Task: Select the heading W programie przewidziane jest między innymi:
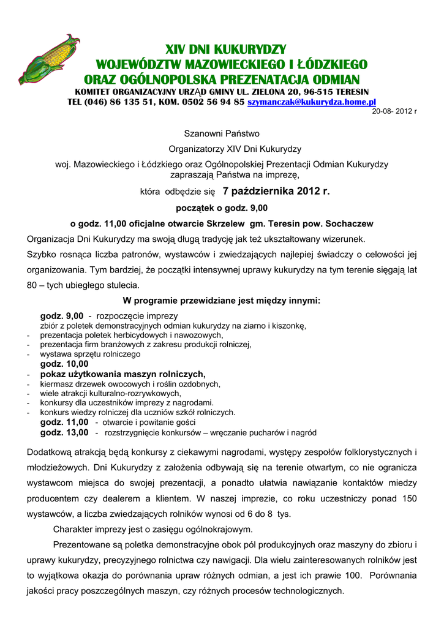[x=222, y=301]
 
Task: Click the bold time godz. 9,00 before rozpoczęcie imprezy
[x=61, y=316]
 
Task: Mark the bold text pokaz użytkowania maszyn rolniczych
[x=122, y=374]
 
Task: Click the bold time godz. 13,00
[x=64, y=433]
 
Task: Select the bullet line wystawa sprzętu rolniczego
[x=90, y=354]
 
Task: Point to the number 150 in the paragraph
[x=408, y=499]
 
